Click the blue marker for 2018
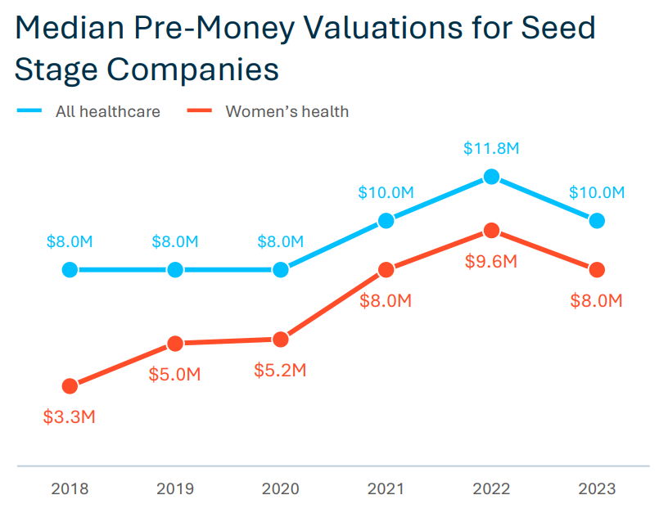tap(70, 270)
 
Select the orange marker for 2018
tap(70, 386)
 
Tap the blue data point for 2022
tap(491, 176)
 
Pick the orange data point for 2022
tap(491, 231)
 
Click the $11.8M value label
tap(491, 149)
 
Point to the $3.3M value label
tap(70, 416)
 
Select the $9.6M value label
tap(491, 262)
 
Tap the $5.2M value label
tap(281, 370)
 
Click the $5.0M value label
tap(175, 375)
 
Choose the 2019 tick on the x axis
tap(175, 489)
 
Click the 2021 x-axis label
tap(386, 489)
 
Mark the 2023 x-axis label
tap(597, 489)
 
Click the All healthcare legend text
tap(107, 111)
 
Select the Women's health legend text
tap(287, 111)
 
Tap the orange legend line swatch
tap(199, 110)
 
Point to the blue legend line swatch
tap(29, 110)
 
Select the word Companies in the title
tap(187, 69)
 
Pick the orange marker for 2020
tap(281, 340)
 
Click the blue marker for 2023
tap(597, 220)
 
